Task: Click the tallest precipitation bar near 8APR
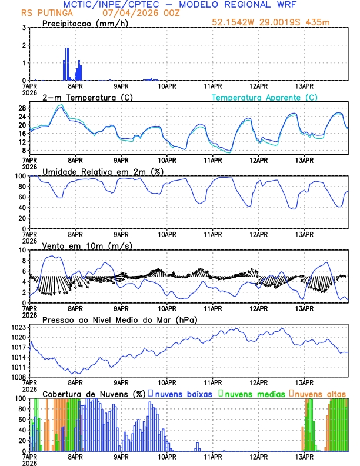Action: pyautogui.click(x=67, y=64)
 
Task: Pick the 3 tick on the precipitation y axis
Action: pyautogui.click(x=24, y=28)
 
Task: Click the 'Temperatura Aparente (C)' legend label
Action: pyautogui.click(x=265, y=97)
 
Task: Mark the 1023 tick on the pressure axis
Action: pyautogui.click(x=18, y=327)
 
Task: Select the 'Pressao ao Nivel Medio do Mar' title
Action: pyautogui.click(x=119, y=319)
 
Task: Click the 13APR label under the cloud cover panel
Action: pyautogui.click(x=304, y=457)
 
